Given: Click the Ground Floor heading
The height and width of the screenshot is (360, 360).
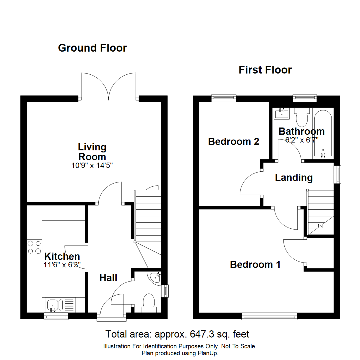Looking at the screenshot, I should click(92, 48).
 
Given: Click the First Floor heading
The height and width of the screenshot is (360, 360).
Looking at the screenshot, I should click(265, 70).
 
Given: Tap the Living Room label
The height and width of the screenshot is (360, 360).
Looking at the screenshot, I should click(92, 152).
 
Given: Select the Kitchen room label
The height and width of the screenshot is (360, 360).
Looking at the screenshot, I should click(62, 256).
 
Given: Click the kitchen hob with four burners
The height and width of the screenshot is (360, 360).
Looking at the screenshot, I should click(34, 247).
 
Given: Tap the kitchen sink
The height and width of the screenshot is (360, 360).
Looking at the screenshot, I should click(53, 305).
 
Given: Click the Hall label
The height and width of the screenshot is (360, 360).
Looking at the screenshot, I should click(108, 277).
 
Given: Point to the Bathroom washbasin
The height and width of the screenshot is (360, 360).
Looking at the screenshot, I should click(282, 114).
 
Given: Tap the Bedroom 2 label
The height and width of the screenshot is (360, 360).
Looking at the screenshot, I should click(234, 142).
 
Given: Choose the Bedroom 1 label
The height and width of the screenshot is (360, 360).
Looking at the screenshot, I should click(255, 265).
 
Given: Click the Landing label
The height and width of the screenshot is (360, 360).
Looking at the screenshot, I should click(294, 178).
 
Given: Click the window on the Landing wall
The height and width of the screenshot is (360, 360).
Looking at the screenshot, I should click(338, 174).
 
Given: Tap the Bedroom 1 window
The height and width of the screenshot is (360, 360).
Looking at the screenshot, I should click(269, 316).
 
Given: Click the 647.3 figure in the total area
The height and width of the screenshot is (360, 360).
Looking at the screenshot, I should click(200, 334).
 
